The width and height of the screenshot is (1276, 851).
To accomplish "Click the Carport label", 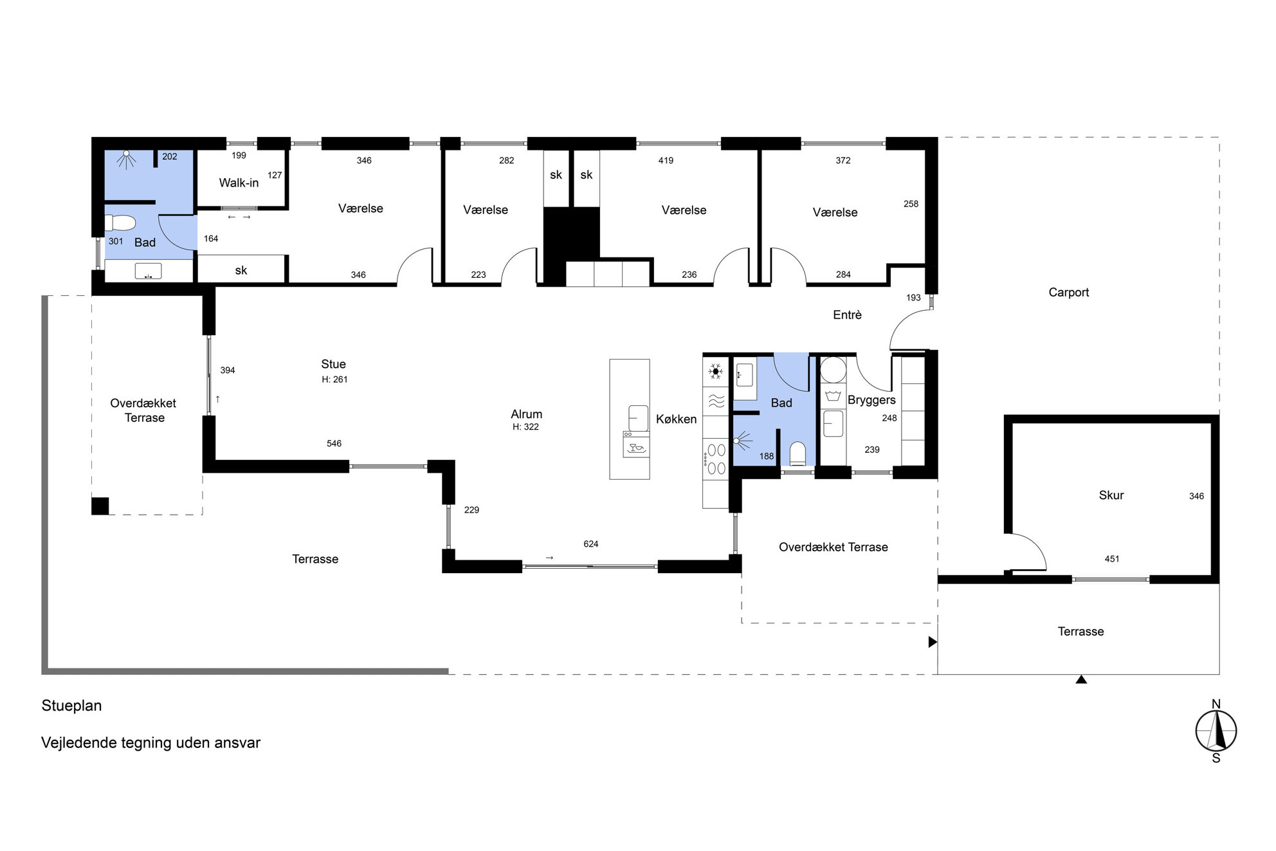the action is pyautogui.click(x=1068, y=293).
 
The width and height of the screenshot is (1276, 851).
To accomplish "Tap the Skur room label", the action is pyautogui.click(x=1111, y=495).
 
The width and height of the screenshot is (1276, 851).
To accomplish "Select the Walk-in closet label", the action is pyautogui.click(x=239, y=183).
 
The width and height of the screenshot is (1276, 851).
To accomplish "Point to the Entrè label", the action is pyautogui.click(x=847, y=315).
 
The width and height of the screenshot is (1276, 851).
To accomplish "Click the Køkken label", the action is pyautogui.click(x=676, y=419).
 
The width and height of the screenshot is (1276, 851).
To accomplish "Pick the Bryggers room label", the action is pyautogui.click(x=871, y=400).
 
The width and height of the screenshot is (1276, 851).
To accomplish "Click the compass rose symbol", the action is pyautogui.click(x=1216, y=731).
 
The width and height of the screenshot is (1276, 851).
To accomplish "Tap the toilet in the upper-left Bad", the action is pyautogui.click(x=120, y=223).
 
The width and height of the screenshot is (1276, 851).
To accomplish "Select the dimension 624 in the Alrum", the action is pyautogui.click(x=590, y=544).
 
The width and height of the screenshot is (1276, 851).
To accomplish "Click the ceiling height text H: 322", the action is pyautogui.click(x=525, y=427).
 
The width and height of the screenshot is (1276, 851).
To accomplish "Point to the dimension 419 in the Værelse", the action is pyautogui.click(x=666, y=161).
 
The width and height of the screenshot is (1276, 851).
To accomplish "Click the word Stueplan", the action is pyautogui.click(x=71, y=706).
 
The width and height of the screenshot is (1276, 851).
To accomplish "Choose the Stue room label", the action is pyautogui.click(x=333, y=364).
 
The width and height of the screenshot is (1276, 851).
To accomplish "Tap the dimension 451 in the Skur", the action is pyautogui.click(x=1112, y=560).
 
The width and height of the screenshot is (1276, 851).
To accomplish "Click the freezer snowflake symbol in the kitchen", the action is pyautogui.click(x=715, y=371).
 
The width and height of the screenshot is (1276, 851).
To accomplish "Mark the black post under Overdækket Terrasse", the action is pyautogui.click(x=100, y=506).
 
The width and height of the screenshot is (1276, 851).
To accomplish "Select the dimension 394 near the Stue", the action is pyautogui.click(x=228, y=371).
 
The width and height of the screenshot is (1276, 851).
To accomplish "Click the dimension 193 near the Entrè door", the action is pyautogui.click(x=913, y=298).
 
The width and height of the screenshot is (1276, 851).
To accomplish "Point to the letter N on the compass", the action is pyautogui.click(x=1216, y=704).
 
